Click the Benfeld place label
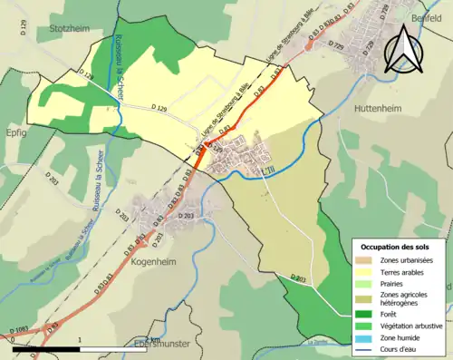(x=423, y=17)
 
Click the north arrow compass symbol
(x=405, y=49)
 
